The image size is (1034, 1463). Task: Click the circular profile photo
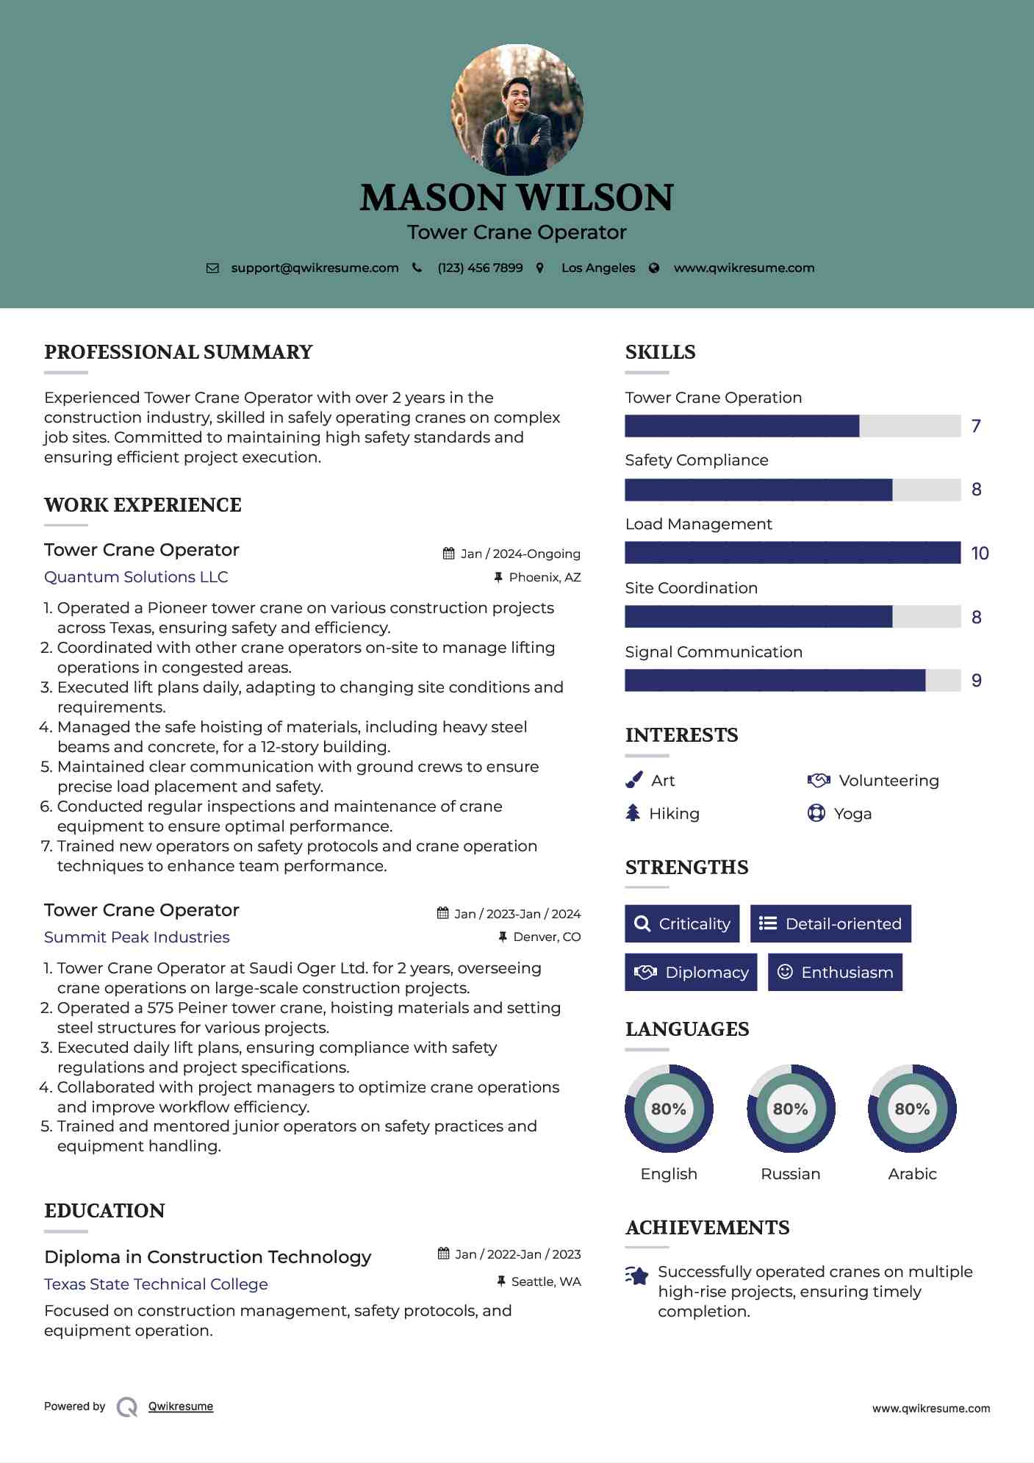[x=517, y=110]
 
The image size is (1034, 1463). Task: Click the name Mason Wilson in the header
[x=517, y=198]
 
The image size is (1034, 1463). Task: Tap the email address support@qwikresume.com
[x=315, y=268]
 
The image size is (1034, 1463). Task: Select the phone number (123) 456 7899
[x=480, y=268]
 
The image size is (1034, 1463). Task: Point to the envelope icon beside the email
[x=212, y=268]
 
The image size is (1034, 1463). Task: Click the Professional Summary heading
[x=179, y=352]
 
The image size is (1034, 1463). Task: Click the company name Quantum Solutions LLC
[x=136, y=577]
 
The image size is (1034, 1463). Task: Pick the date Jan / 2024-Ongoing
[x=520, y=554]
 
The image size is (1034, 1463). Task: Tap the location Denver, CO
[x=547, y=937]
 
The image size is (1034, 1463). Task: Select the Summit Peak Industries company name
[x=137, y=937]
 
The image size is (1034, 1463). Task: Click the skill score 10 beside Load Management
[x=980, y=554]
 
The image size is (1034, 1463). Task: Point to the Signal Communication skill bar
[x=792, y=681]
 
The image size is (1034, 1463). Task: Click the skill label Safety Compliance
[x=697, y=460]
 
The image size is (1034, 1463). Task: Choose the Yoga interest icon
[x=816, y=813]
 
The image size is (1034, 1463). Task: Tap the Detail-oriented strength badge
[x=830, y=923]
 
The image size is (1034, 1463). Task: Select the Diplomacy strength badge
[x=691, y=972]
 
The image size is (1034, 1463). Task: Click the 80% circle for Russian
[x=791, y=1109]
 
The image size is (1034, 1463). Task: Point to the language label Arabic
[x=912, y=1174]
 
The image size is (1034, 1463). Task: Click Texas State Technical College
[x=156, y=1284]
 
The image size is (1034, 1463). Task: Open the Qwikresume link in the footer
[x=181, y=1406]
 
